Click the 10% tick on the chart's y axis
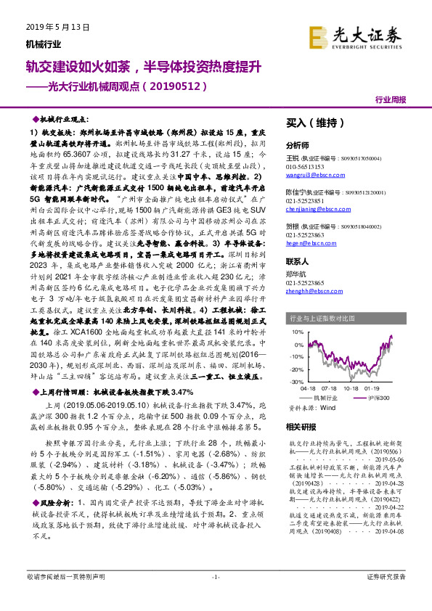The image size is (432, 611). [297, 332]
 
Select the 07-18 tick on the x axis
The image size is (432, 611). [333, 388]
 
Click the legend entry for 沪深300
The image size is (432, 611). [381, 398]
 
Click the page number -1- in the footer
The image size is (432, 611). [215, 596]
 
